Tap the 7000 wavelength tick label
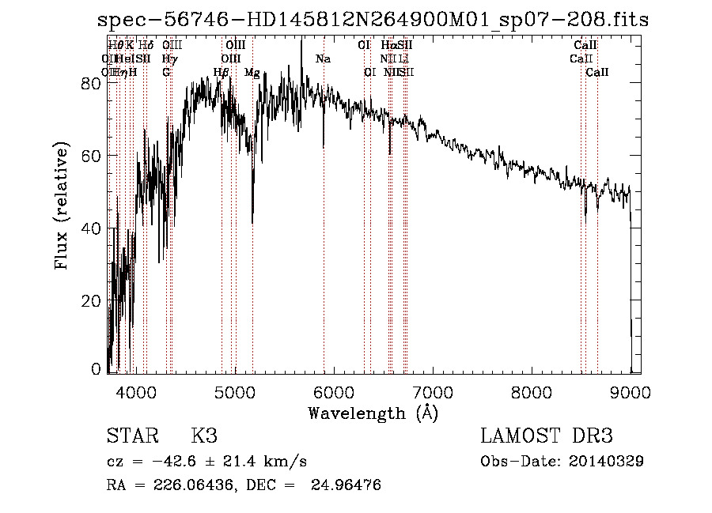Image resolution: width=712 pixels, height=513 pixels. [x=433, y=392]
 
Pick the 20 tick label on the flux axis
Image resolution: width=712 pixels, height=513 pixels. [x=91, y=301]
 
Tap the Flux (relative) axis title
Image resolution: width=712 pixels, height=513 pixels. [x=62, y=206]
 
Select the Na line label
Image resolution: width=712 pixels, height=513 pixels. [x=323, y=58]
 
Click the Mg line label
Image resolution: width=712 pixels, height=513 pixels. [x=252, y=73]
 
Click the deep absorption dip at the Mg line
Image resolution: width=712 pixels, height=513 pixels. [x=252, y=221]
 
